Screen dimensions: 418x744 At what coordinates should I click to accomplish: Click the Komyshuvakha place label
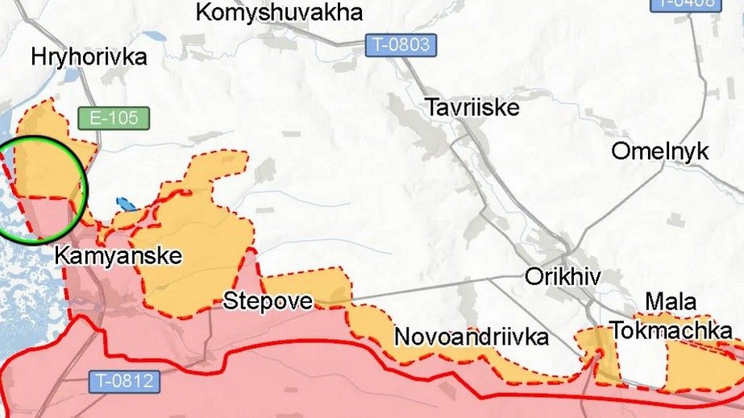[x=279, y=13]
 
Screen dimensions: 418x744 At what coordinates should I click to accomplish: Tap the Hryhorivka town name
[x=89, y=57]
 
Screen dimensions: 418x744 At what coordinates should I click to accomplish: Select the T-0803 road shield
[x=401, y=44]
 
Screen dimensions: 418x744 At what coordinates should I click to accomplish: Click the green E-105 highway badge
[x=114, y=118]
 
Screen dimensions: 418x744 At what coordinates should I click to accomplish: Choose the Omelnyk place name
[x=659, y=151]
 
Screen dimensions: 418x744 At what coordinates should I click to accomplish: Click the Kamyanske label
[x=118, y=257]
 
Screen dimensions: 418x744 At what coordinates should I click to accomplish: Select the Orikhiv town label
[x=563, y=276]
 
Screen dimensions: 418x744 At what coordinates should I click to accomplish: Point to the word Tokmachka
[x=671, y=330]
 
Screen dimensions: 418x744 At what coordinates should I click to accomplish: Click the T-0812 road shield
[x=123, y=381]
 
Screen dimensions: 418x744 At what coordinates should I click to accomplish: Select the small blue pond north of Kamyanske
[x=124, y=204]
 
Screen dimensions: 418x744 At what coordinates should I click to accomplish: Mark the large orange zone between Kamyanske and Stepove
[x=193, y=250]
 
